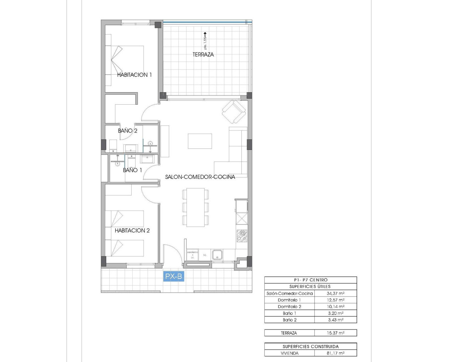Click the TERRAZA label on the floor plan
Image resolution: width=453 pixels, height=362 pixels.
pos(203,54)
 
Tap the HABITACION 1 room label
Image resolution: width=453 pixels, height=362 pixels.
pos(134,75)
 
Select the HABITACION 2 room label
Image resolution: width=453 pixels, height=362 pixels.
pos(132,230)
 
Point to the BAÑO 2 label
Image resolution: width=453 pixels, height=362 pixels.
pos(127,131)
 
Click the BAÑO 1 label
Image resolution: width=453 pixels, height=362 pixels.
pos(132,170)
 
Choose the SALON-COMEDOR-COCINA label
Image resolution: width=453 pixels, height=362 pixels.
pos(200,177)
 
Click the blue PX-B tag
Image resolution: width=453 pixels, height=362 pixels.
pos(173,276)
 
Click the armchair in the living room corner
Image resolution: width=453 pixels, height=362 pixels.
pos(234,111)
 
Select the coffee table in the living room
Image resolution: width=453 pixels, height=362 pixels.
pos(200,141)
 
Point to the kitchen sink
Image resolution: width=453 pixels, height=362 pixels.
pos(217,255)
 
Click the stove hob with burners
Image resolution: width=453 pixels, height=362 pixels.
pos(242,235)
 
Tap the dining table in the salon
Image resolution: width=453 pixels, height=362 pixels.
pos(195,207)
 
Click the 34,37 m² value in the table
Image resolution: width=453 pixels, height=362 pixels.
pos(336,293)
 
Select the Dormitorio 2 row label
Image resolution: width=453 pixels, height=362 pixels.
pos(289,306)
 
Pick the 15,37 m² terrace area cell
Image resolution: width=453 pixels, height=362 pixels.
pos(336,333)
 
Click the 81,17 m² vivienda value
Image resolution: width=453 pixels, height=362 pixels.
pos(336,353)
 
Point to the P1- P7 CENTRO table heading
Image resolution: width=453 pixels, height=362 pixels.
pos(310,280)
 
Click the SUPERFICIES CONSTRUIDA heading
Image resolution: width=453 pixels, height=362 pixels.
pos(310,346)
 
